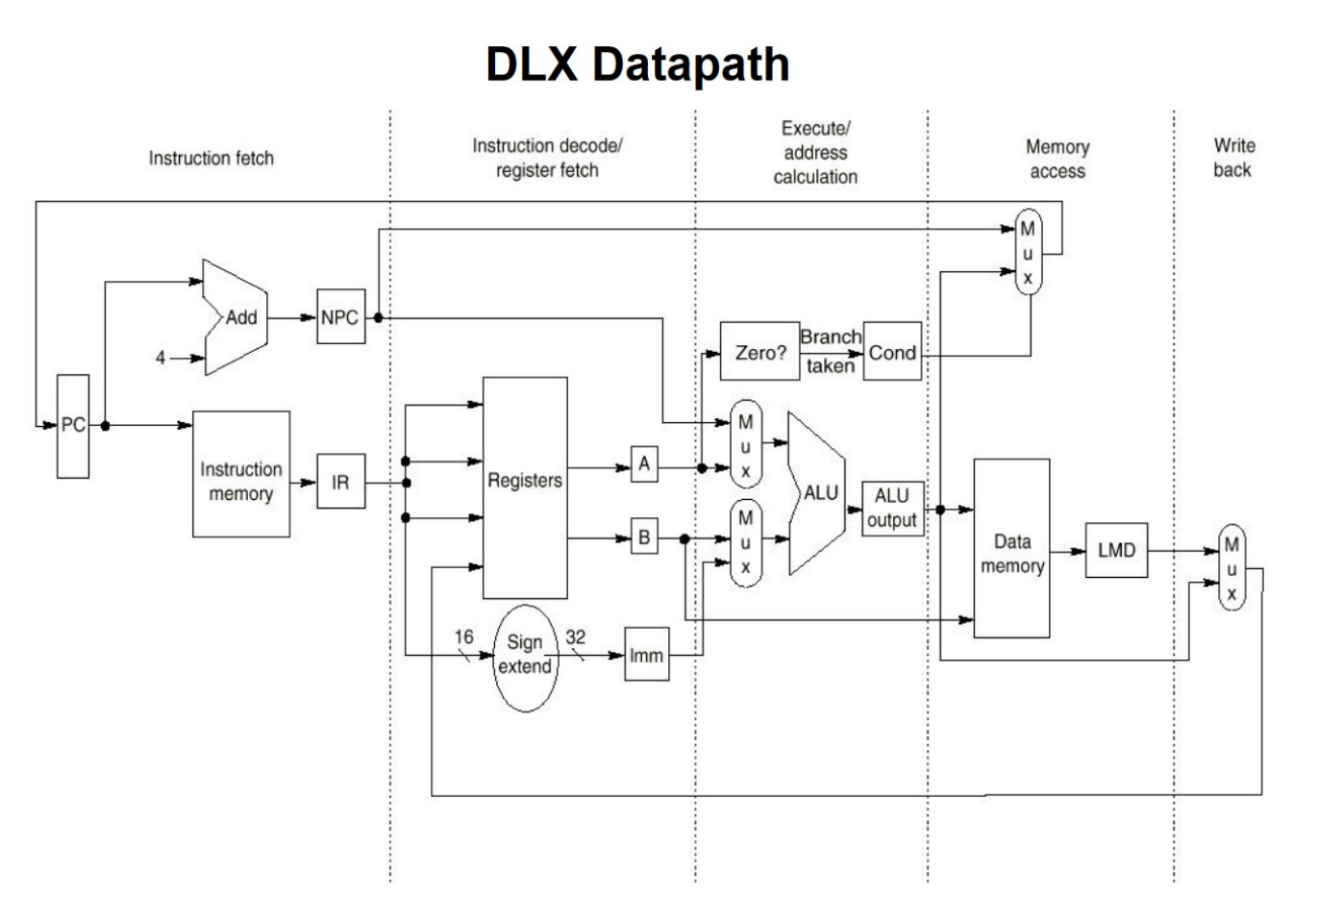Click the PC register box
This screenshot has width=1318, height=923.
pos(73,426)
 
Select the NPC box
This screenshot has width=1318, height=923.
pos(340,316)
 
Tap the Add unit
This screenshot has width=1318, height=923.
pos(236,316)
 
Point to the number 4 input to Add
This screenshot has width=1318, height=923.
pos(161,358)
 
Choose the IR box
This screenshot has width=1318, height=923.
pos(340,482)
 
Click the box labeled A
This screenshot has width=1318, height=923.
pos(644,464)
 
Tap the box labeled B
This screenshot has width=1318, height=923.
pos(644,537)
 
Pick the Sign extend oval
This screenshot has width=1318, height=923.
pos(525,658)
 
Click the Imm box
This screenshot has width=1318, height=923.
pos(646,655)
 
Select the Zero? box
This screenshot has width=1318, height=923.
pos(759,352)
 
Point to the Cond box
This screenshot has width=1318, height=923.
pos(892,352)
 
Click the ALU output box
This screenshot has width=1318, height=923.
pos(892,509)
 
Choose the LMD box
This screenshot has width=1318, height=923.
pos(1116,550)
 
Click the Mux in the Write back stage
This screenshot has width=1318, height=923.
pos(1231,568)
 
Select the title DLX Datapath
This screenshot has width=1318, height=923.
pos(637,64)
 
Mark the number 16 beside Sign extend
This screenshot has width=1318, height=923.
pos(463,636)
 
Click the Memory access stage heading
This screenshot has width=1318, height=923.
pos(1057,159)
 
